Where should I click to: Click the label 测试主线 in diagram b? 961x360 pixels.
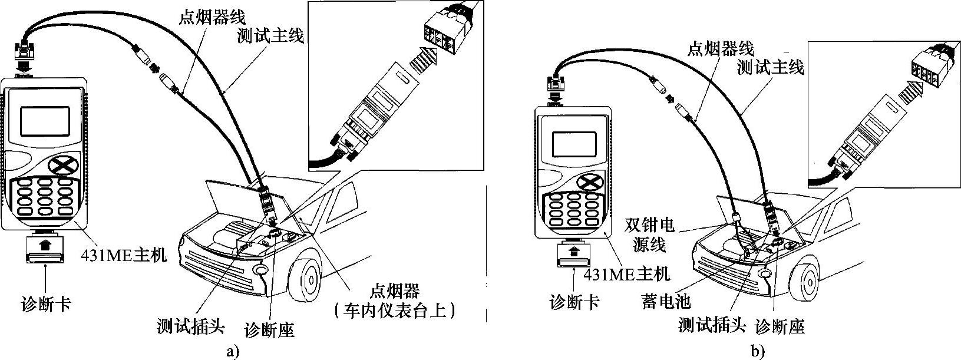771,68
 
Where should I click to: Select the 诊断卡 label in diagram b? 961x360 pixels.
574,302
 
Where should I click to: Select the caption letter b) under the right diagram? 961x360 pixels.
757,352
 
